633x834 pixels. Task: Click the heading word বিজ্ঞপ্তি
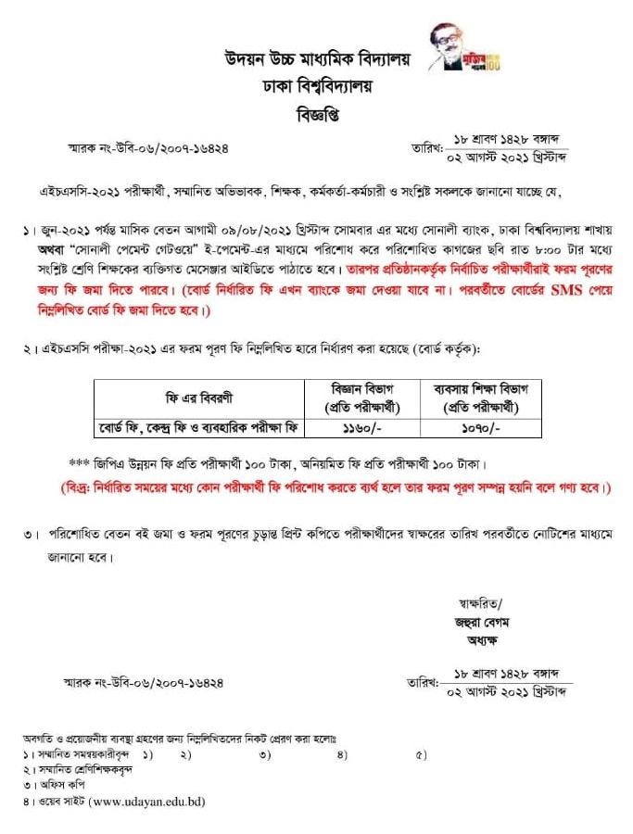pos(316,116)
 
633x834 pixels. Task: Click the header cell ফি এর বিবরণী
pos(199,398)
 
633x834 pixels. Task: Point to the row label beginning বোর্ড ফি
pos(199,429)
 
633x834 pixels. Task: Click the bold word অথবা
pos(57,250)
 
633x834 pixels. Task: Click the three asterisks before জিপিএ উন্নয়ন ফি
pos(79,462)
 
